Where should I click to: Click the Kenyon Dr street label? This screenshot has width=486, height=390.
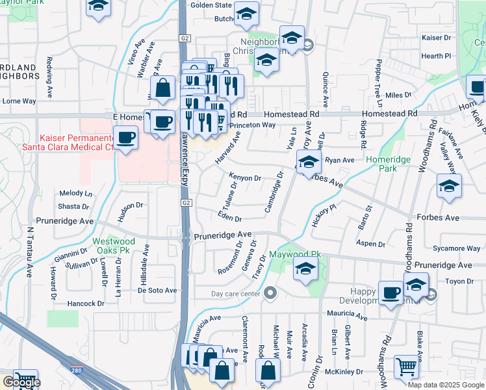pos(245,177)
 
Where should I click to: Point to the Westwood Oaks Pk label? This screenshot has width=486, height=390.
pos(114,245)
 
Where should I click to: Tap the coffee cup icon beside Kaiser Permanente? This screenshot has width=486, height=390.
pos(125,138)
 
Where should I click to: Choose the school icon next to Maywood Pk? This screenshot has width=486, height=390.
pos(305,268)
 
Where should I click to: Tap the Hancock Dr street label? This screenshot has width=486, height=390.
pos(85,304)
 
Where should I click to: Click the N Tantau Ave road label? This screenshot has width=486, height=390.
pos(30,253)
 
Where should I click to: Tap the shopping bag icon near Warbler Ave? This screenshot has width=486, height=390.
pos(163,88)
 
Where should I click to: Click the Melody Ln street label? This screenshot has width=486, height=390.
pos(76,194)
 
